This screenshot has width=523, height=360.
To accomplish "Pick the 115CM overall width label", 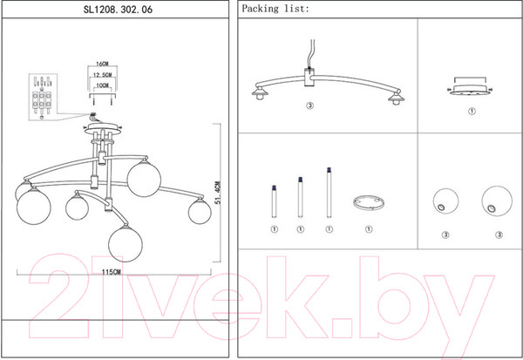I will point(110,272).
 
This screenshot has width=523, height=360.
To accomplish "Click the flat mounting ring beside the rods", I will point(368,203).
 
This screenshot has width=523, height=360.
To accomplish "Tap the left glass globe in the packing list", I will point(445,201).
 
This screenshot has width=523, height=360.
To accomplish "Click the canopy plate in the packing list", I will point(471,91).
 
